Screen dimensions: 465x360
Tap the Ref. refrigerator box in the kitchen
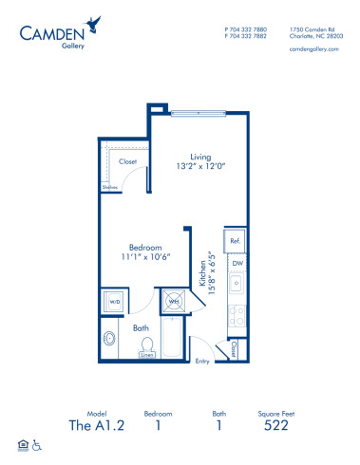tap(234, 241)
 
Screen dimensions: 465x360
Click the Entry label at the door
tap(201, 361)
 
